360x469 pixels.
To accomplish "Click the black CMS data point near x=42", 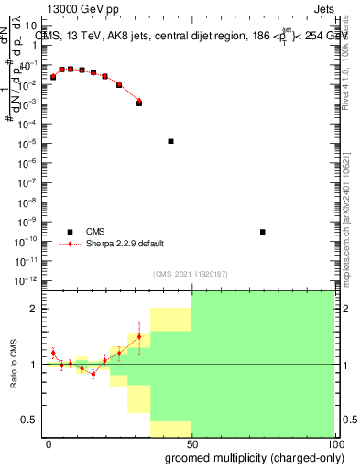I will (x=171, y=141).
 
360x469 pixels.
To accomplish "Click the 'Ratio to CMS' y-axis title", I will (x=13, y=365).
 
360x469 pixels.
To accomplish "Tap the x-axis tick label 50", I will (x=191, y=443).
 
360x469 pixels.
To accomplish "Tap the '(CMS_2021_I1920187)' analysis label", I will (x=189, y=274).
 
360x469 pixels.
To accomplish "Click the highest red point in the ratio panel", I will (x=139, y=336).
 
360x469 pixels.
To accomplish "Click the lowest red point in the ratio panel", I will (x=93, y=374).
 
